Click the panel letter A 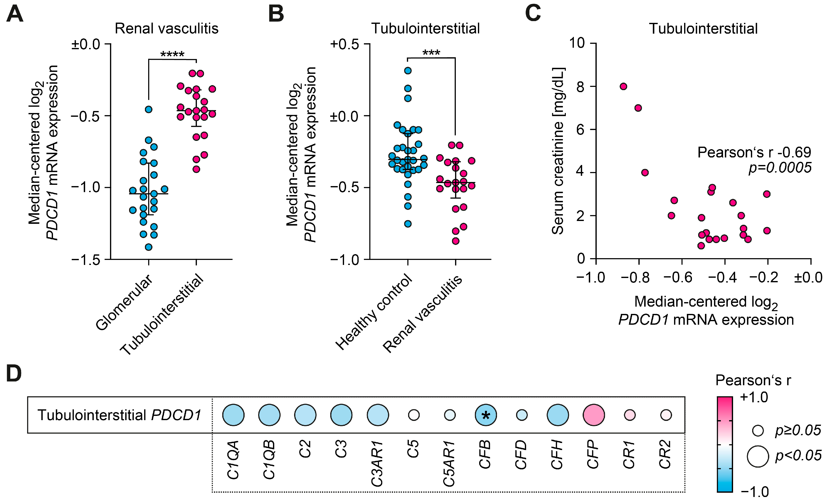[x=15, y=14]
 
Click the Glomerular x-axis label [x=124, y=302]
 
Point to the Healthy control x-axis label [x=374, y=312]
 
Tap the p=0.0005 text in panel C [x=780, y=168]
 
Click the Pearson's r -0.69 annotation [x=754, y=152]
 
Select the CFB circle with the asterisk [x=486, y=415]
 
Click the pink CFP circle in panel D [x=594, y=415]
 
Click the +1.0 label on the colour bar [x=754, y=398]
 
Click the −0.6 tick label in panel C [x=678, y=278]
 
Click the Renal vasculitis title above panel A [x=167, y=28]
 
